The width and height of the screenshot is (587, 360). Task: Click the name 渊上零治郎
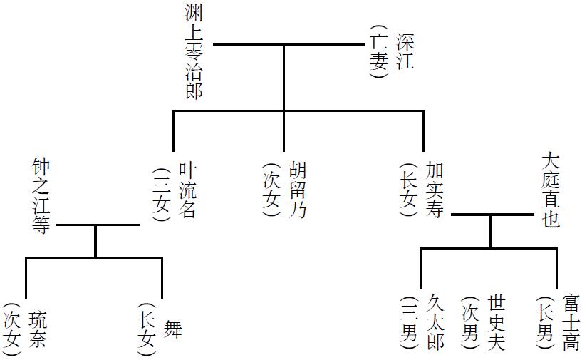point(194,51)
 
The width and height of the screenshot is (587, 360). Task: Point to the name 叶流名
point(187,190)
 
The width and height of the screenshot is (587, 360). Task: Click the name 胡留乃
point(298,189)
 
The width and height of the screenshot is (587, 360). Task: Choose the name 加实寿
point(435,190)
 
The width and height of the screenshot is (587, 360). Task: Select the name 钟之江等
point(41,196)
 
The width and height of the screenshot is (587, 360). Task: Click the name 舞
point(173,329)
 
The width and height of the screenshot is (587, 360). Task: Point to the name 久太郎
point(435,323)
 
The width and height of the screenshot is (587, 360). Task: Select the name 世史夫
point(497,323)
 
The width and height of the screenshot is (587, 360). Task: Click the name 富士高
point(571,323)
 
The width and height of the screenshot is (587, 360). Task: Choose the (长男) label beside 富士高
point(545,323)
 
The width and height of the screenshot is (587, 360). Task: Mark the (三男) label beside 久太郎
point(410,323)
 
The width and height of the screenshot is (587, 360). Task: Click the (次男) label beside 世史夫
point(470,323)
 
